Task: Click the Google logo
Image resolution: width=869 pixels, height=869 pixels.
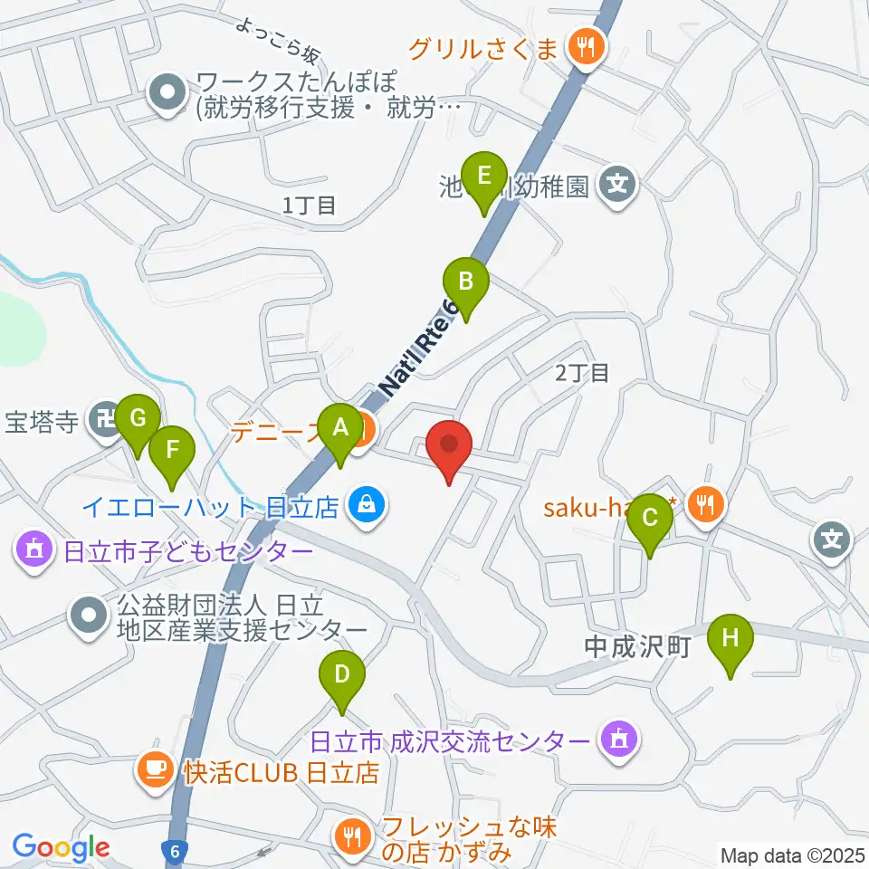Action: tap(61, 848)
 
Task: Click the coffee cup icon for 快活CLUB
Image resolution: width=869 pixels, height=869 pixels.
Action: tap(151, 770)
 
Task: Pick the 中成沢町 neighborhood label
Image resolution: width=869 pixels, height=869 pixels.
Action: tap(637, 646)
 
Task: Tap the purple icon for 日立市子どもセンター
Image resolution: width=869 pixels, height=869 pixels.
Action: tap(34, 549)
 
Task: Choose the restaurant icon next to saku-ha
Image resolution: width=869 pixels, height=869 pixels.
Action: tap(703, 504)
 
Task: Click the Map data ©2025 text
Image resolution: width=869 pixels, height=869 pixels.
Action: tap(793, 855)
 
